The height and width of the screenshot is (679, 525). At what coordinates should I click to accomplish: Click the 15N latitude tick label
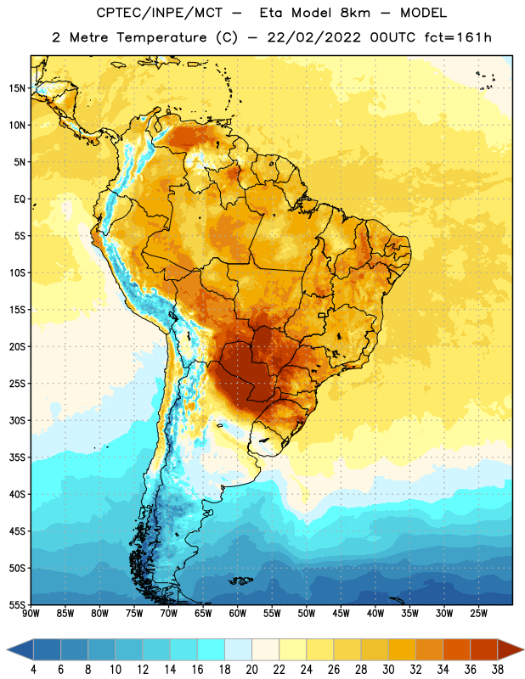(17, 88)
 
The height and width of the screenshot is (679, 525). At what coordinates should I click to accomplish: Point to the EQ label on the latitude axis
(20, 199)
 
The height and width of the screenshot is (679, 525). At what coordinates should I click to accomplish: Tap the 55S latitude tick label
(17, 604)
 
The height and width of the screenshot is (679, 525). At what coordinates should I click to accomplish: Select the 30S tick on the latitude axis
(17, 420)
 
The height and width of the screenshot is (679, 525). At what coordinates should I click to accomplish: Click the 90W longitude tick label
(31, 614)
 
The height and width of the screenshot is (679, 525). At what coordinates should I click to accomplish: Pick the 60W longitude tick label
(238, 614)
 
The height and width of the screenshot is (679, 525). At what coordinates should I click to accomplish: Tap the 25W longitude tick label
(478, 614)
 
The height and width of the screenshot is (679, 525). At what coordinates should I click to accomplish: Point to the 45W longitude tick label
(341, 614)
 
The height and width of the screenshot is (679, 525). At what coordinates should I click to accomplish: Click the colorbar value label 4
(33, 670)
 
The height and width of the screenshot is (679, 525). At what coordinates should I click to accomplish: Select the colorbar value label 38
(497, 670)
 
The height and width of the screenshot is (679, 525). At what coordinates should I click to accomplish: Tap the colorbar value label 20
(251, 670)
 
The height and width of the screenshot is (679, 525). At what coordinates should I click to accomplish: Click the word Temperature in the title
(161, 37)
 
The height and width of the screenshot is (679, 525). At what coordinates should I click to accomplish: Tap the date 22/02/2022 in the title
(313, 37)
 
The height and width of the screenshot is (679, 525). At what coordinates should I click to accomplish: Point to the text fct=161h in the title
(458, 37)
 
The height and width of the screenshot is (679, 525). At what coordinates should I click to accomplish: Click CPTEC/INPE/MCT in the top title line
(159, 13)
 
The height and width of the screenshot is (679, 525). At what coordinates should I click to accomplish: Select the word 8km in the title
(354, 13)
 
